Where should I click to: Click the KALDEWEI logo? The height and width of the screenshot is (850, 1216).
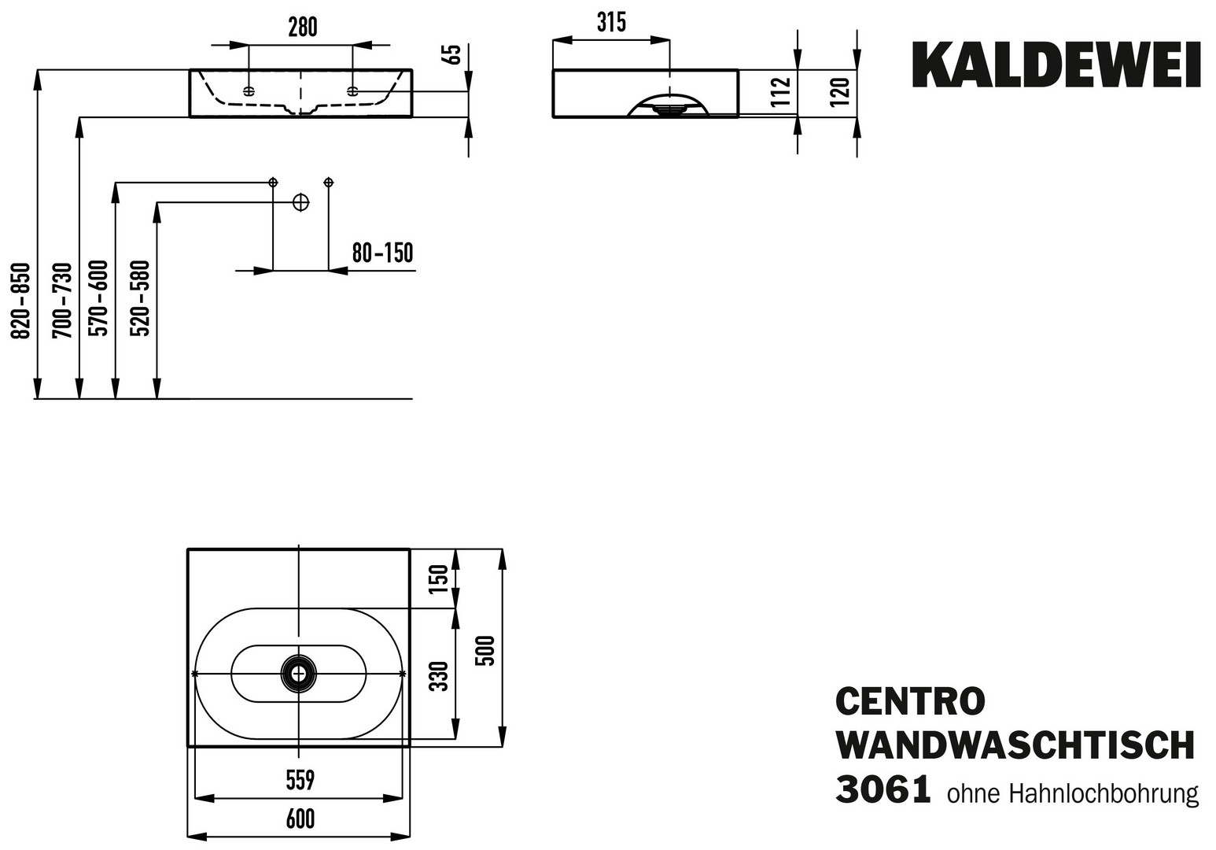[x=1056, y=65]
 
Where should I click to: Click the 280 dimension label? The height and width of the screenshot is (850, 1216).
[x=302, y=28]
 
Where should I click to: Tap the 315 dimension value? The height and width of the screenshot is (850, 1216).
[x=611, y=22]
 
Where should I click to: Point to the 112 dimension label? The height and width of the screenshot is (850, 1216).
[x=781, y=92]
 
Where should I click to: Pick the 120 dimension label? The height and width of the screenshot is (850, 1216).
[x=840, y=92]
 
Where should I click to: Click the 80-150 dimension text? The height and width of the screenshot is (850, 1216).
[x=383, y=253]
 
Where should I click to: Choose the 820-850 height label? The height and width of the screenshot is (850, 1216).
[x=21, y=301]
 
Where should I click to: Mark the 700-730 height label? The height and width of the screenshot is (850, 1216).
[x=62, y=301]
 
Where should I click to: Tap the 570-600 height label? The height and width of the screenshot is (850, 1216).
[x=99, y=298]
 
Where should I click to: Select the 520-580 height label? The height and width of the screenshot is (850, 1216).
[x=140, y=298]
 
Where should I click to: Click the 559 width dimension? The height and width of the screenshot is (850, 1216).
[x=300, y=781]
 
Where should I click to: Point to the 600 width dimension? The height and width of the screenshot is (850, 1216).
[x=300, y=819]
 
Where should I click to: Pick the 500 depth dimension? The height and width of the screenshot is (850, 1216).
[x=485, y=651]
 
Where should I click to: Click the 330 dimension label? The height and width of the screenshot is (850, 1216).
[x=439, y=675]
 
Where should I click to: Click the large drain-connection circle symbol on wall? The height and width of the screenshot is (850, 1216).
[x=300, y=202]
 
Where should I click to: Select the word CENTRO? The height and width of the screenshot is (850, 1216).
[x=910, y=701]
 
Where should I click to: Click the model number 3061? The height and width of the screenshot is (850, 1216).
[x=883, y=789]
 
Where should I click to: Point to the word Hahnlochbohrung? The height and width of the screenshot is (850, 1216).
[x=1104, y=794]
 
